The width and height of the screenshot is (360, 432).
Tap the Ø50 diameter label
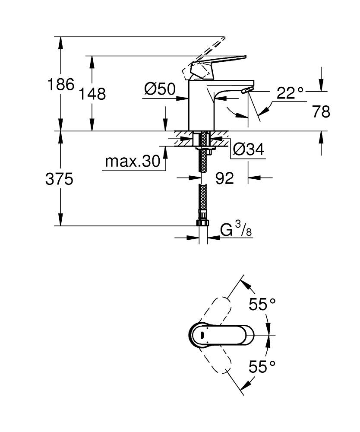(160, 89)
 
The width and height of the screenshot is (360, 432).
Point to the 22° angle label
(290, 93)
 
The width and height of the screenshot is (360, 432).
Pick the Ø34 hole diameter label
(248, 149)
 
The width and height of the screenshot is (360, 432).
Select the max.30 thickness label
(132, 162)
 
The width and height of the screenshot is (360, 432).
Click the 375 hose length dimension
(59, 179)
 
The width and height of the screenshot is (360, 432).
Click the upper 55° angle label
(262, 305)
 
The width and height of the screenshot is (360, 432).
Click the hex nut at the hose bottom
(202, 222)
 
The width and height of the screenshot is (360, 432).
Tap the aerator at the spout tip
(246, 90)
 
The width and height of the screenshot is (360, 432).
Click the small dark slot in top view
(203, 334)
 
